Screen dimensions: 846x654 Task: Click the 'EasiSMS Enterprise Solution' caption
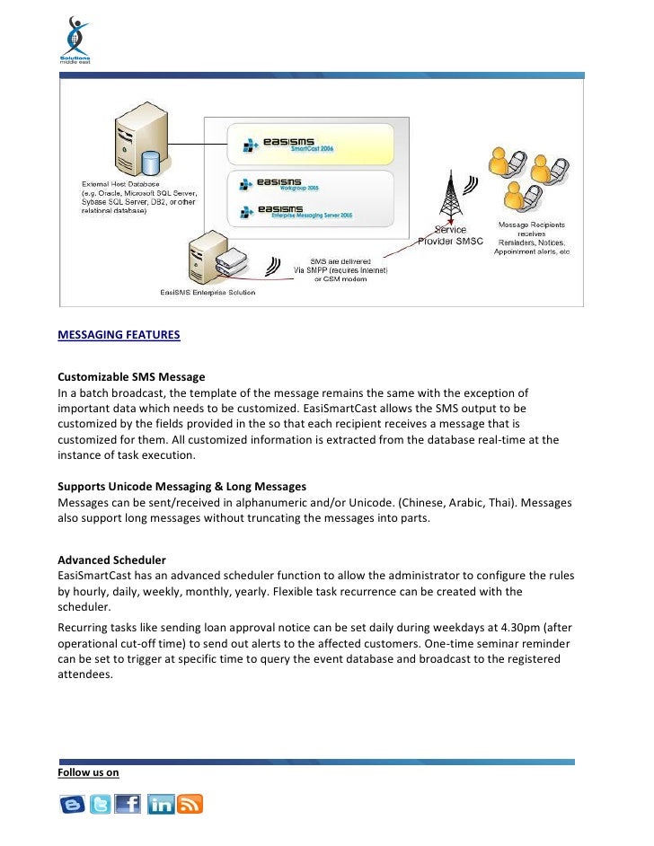tap(207, 292)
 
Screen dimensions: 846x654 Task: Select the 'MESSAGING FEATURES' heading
tap(119, 336)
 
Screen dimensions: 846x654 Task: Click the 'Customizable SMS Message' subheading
tap(131, 376)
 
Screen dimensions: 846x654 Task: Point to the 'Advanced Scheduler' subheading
tap(111, 560)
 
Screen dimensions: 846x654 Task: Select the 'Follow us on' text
tap(88, 772)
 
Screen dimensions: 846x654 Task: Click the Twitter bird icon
tap(101, 805)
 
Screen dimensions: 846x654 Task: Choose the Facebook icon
tap(128, 805)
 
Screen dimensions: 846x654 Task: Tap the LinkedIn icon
tap(161, 805)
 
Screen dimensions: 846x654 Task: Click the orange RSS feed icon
tap(190, 805)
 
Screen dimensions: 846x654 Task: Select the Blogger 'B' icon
tap(73, 805)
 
